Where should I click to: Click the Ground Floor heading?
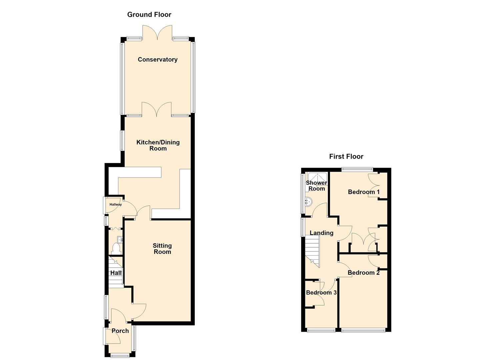click(x=149, y=15)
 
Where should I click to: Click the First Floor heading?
click(x=346, y=156)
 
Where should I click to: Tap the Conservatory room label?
click(x=158, y=59)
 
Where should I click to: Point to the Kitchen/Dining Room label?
click(x=158, y=145)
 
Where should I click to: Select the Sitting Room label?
click(x=162, y=249)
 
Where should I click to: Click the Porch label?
click(x=120, y=331)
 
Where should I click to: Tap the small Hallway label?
click(x=116, y=204)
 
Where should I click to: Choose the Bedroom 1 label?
click(x=364, y=192)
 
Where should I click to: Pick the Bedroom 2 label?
click(x=364, y=272)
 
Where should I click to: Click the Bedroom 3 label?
click(x=321, y=292)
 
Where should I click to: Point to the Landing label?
click(x=322, y=233)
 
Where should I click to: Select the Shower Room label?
click(x=316, y=186)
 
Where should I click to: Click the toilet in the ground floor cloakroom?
click(x=116, y=248)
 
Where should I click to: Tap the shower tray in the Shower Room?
click(x=318, y=179)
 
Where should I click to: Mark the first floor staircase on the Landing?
click(x=312, y=251)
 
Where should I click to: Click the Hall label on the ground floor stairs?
click(x=116, y=273)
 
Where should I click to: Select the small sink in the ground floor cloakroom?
click(x=120, y=239)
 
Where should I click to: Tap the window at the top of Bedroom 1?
click(x=357, y=170)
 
